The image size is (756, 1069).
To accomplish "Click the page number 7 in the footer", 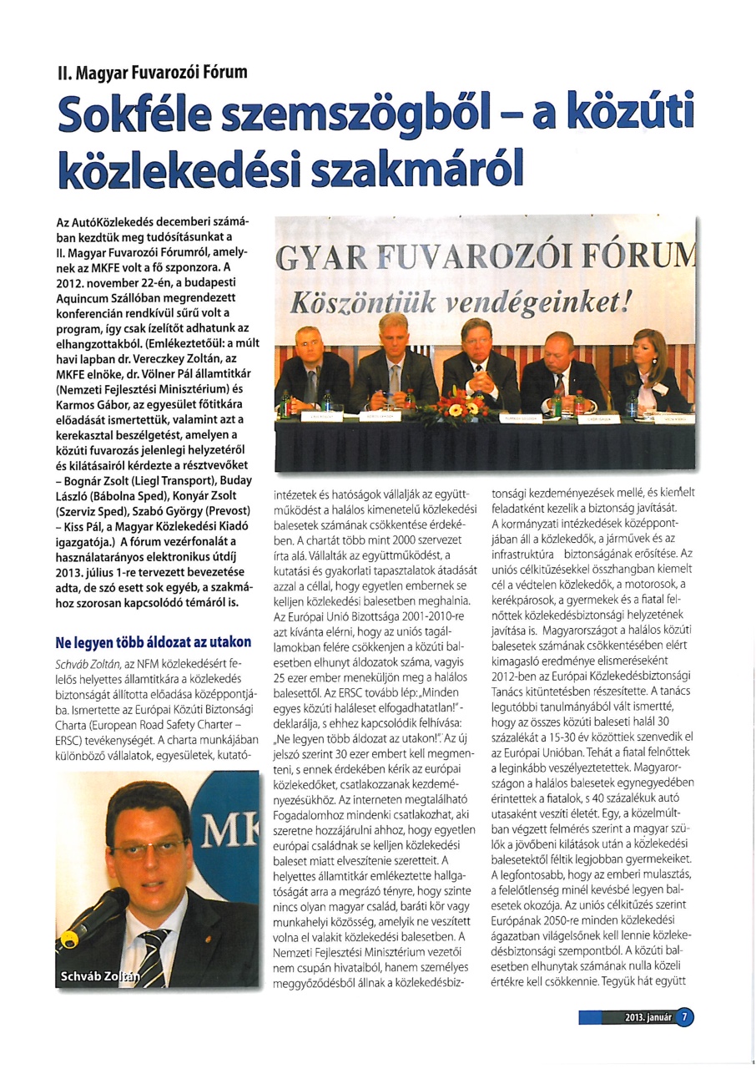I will [684, 1017].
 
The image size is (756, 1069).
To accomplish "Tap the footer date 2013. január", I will [648, 1017].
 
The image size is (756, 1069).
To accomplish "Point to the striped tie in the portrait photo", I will [154, 952].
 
